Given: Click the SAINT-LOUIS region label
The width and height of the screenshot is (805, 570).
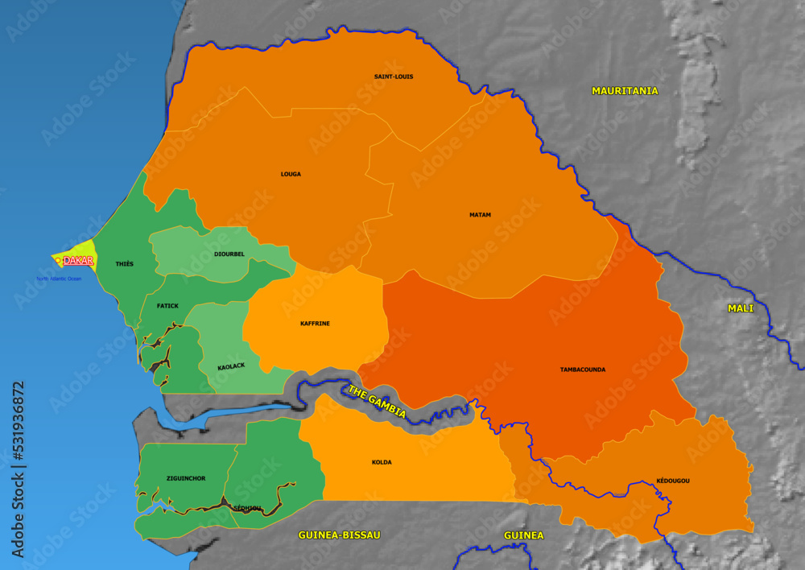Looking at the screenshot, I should point(394,76).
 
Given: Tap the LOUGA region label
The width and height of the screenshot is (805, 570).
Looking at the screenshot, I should point(291,174).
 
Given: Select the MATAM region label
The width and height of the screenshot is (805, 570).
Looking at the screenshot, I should point(480,215).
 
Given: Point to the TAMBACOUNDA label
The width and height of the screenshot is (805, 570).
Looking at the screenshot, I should point(583,370).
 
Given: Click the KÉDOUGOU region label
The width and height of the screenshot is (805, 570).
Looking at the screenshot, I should point(673,481).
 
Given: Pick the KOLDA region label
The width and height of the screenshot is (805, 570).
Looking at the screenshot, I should point(382,462).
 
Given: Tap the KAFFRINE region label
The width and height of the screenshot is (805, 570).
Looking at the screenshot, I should point(315,324).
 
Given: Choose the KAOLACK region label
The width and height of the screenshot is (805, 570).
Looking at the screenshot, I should point(231,367).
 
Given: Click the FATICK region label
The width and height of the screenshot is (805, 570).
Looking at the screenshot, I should point(167,306).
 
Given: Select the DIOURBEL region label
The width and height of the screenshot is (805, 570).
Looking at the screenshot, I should point(229,254).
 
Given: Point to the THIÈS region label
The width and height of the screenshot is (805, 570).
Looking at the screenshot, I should point(125,264).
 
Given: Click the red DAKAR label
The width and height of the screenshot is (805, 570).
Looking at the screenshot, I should point(79,261).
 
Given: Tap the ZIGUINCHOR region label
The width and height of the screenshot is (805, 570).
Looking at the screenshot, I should point(186,478).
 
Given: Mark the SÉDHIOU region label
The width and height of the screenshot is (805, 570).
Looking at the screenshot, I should point(247,508).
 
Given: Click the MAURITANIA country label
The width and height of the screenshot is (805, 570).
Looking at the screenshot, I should point(625,91).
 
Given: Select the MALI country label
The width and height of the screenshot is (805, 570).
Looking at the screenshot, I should point(741,308).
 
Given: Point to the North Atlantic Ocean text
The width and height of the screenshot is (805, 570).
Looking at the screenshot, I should point(59,279).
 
